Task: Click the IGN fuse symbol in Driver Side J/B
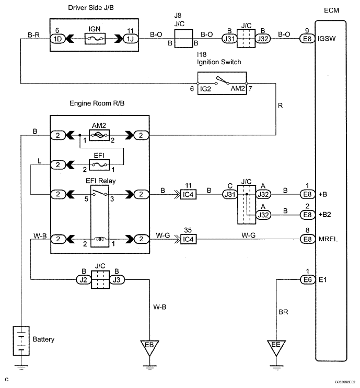pyautogui.click(x=95, y=39)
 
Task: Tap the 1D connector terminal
pyautogui.click(x=57, y=39)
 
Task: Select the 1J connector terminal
pyautogui.click(x=131, y=39)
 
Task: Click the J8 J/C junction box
pyautogui.click(x=184, y=39)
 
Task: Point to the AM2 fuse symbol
pyautogui.click(x=99, y=135)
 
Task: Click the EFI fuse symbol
pyautogui.click(x=99, y=165)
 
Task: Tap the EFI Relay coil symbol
pyautogui.click(x=100, y=239)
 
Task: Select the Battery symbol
pyautogui.click(x=21, y=341)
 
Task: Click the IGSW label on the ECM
pyautogui.click(x=327, y=39)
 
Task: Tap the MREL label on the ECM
pyautogui.click(x=328, y=239)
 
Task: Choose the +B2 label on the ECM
pyautogui.click(x=325, y=215)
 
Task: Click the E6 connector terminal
pyautogui.click(x=308, y=279)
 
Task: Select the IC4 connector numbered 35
pyautogui.click(x=189, y=239)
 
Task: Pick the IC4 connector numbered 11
pyautogui.click(x=189, y=194)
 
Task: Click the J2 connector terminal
pyautogui.click(x=84, y=279)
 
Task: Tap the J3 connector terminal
pyautogui.click(x=117, y=279)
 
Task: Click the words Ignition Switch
pyautogui.click(x=219, y=62)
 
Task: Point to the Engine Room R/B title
pyautogui.click(x=97, y=103)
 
